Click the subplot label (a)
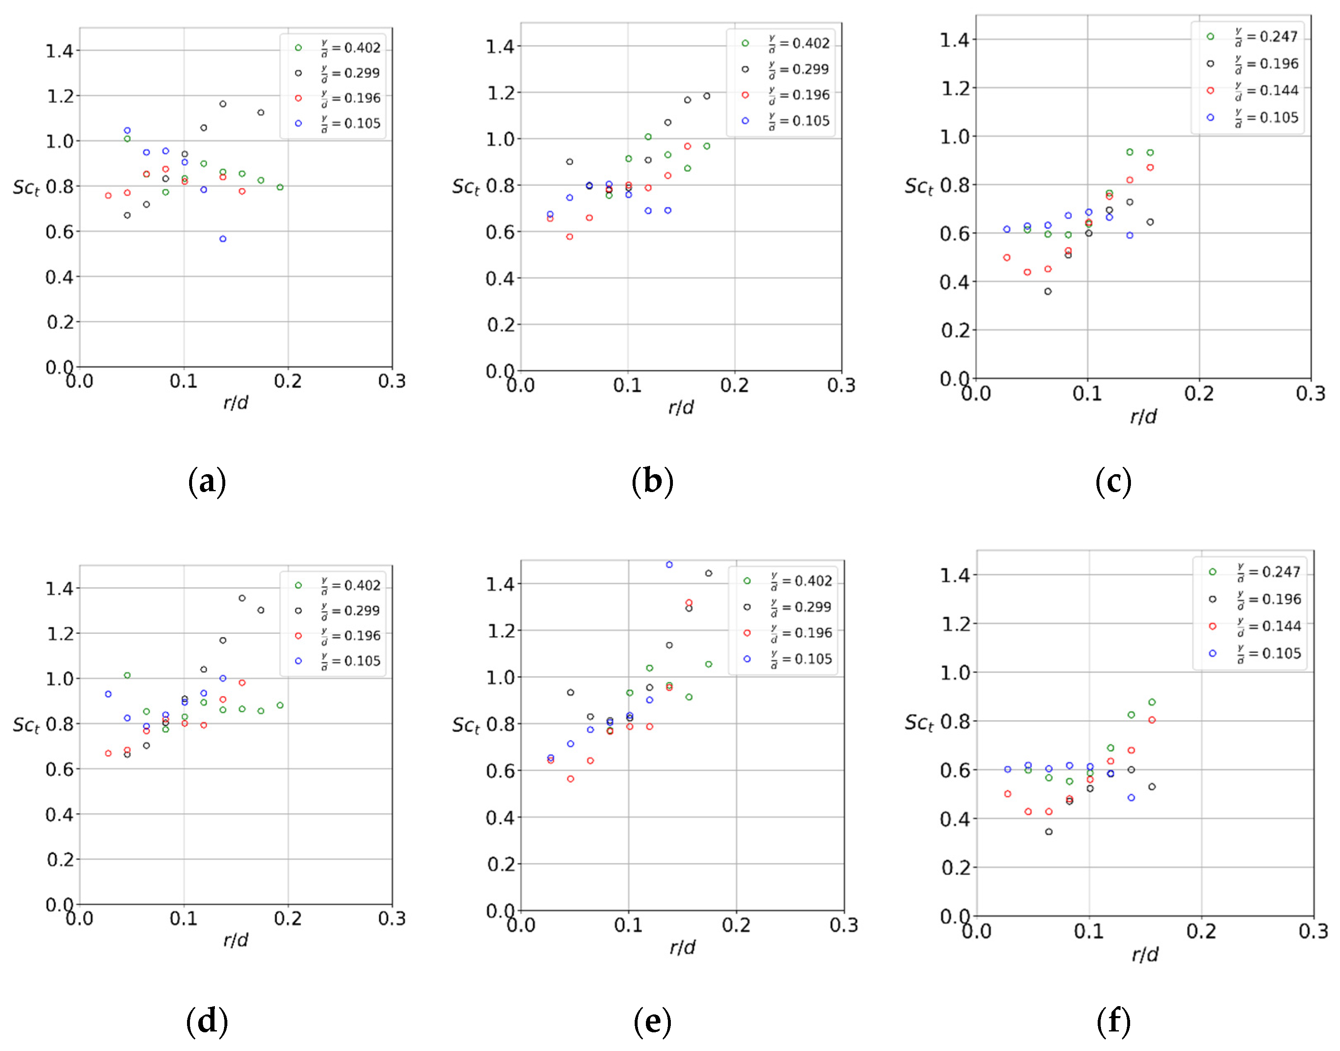pyautogui.click(x=207, y=481)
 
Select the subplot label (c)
pyautogui.click(x=1113, y=481)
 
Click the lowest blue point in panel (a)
pyautogui.click(x=223, y=239)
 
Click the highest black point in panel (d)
pyautogui.click(x=242, y=598)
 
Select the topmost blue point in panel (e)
pyautogui.click(x=669, y=564)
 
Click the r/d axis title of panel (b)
pyautogui.click(x=680, y=407)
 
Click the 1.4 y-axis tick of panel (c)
pyautogui.click(x=954, y=40)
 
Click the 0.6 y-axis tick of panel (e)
pyautogui.click(x=500, y=771)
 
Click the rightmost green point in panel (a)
pyautogui.click(x=280, y=187)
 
